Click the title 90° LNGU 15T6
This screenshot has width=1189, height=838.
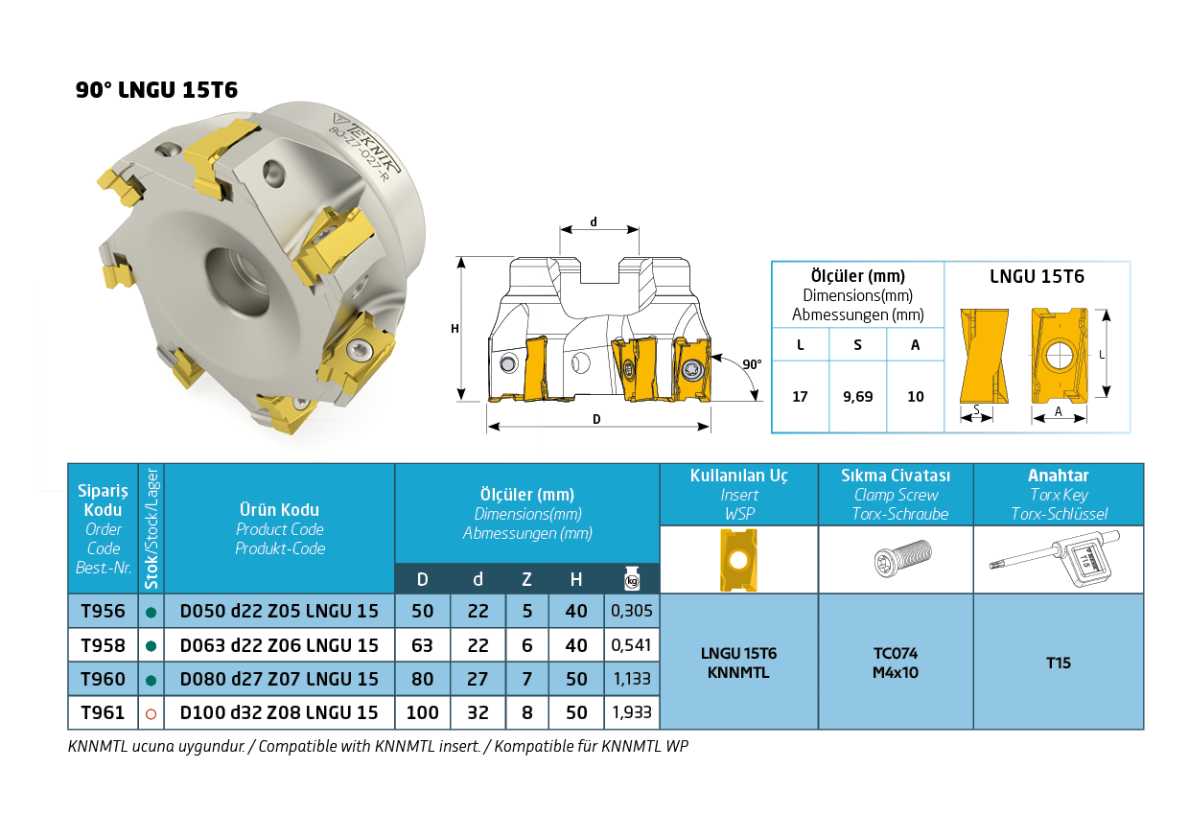156,90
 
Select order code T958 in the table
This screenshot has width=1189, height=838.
103,645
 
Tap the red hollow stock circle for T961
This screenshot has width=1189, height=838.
151,713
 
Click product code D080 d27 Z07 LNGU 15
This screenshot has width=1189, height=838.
279,679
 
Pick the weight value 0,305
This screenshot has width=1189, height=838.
632,611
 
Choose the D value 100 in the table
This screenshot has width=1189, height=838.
423,712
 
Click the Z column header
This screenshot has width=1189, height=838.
526,579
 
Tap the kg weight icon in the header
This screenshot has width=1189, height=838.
632,578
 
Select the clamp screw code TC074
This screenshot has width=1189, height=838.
896,653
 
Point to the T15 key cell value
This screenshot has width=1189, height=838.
1059,663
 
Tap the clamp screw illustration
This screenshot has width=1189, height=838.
903,558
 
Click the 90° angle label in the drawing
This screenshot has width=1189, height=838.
752,364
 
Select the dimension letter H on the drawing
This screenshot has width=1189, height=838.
455,329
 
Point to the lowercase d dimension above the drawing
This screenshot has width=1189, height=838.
594,221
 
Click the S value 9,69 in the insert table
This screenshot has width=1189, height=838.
858,396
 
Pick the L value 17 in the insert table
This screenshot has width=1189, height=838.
800,396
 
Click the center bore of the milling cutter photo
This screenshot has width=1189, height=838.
237,285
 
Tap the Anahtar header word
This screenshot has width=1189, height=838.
1059,476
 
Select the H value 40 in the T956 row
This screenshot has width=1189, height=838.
576,612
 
